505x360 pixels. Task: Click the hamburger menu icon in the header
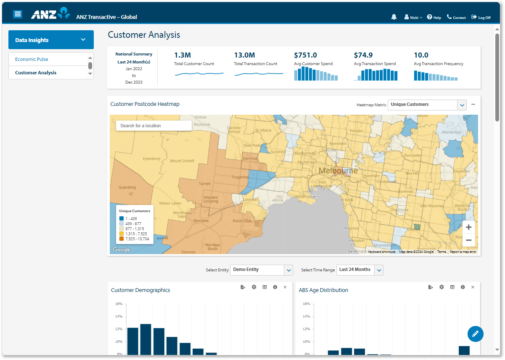coord(18,14)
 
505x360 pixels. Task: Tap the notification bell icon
coord(394,17)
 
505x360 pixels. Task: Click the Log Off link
coord(481,17)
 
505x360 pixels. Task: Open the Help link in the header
coord(434,17)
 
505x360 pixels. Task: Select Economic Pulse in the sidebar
coord(32,59)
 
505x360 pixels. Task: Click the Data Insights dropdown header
coord(51,40)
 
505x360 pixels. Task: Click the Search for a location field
coord(153,126)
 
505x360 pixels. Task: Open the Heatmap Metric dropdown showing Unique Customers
coord(427,105)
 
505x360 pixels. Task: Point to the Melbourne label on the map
coord(338,171)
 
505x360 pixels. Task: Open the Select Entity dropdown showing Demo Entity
coord(261,270)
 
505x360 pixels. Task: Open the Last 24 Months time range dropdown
coord(360,270)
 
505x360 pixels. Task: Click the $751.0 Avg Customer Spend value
coord(306,55)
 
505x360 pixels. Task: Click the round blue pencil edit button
coord(475,334)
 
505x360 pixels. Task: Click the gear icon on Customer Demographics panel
coord(254,287)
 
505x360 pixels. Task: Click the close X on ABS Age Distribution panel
coord(473,287)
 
